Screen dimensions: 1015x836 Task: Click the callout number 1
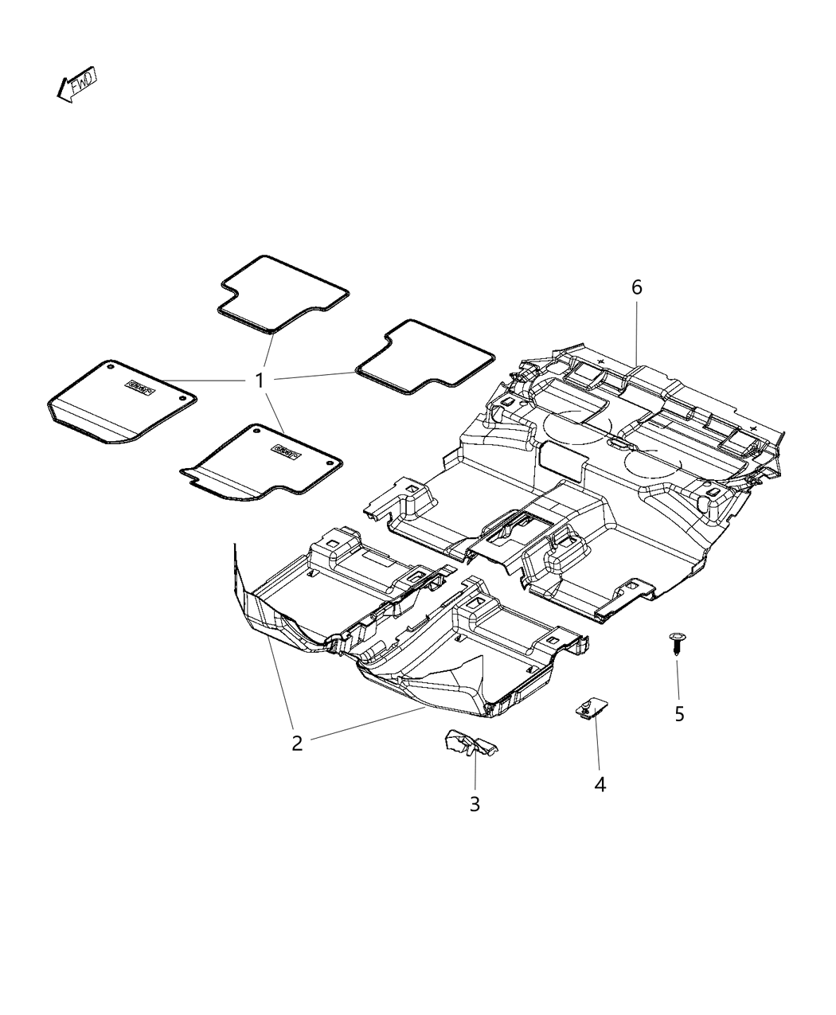(259, 381)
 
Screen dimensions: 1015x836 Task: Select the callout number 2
(297, 744)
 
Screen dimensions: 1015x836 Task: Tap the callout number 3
(475, 804)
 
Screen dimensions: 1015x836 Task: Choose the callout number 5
(679, 714)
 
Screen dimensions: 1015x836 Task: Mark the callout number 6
(637, 287)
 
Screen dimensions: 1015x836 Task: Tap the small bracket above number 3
(470, 744)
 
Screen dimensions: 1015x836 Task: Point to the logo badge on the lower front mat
(285, 451)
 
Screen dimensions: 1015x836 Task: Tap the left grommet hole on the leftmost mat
(110, 368)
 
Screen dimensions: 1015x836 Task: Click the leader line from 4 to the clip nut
(596, 745)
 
